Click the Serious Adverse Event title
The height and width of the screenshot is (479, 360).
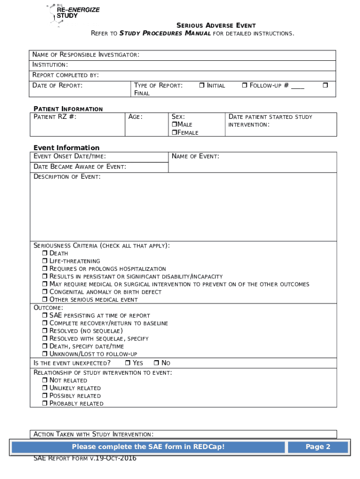click(x=216, y=25)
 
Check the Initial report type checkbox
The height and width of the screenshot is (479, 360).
click(x=202, y=86)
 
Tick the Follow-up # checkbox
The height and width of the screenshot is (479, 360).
click(x=245, y=86)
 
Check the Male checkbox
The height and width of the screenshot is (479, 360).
click(x=174, y=125)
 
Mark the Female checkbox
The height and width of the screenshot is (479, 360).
click(x=174, y=133)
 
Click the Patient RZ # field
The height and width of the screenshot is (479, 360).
click(x=77, y=124)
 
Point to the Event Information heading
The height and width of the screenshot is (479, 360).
click(x=66, y=148)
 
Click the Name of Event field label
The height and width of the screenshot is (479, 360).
click(x=195, y=157)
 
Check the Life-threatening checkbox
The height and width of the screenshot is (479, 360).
click(x=45, y=261)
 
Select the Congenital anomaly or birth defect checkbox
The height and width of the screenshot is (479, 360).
click(x=45, y=292)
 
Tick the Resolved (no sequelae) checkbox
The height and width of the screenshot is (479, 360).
click(x=45, y=331)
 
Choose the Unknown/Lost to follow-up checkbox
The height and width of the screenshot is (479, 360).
click(x=45, y=354)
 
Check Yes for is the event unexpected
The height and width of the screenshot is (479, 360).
click(x=128, y=363)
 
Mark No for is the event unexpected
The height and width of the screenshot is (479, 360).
click(x=157, y=363)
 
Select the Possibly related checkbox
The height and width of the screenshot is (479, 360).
click(x=45, y=396)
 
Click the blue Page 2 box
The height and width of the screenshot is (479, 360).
click(x=318, y=447)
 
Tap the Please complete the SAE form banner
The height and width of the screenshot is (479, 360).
click(x=148, y=447)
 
